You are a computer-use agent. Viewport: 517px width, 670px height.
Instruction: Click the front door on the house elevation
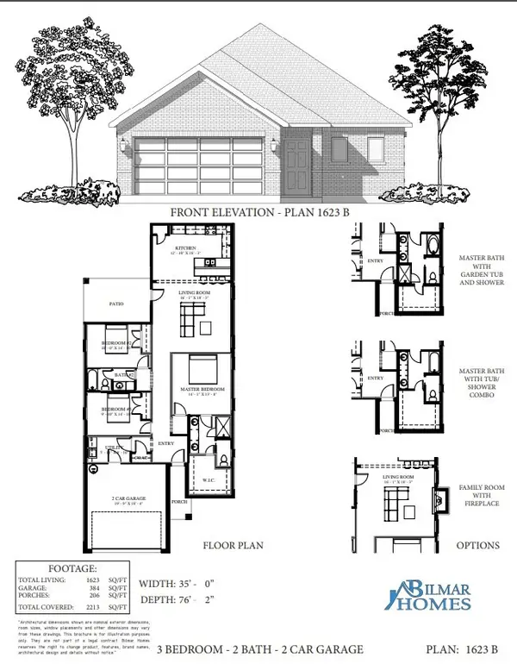click(296, 160)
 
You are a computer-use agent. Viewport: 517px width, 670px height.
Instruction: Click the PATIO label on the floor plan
click(117, 304)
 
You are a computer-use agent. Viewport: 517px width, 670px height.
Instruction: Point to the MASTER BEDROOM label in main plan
click(202, 390)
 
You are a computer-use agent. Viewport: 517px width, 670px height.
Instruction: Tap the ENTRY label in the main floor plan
click(165, 445)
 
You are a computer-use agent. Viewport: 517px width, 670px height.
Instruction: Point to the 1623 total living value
click(102, 581)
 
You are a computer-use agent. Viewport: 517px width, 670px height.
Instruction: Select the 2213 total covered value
click(102, 609)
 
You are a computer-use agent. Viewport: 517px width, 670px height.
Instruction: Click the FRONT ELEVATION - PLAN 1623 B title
click(258, 211)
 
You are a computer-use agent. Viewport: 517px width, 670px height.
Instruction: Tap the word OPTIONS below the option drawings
click(477, 545)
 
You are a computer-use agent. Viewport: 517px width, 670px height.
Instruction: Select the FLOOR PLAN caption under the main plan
click(233, 545)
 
